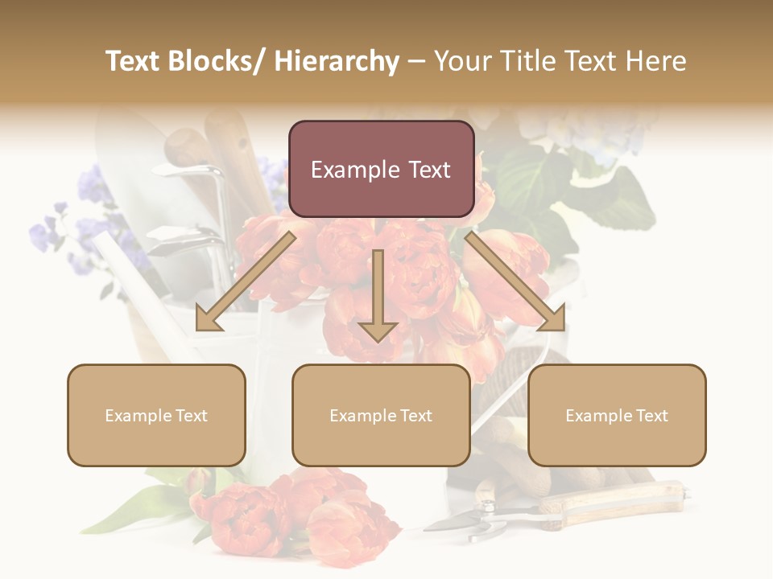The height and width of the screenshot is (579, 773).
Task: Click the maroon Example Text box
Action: [x=381, y=169]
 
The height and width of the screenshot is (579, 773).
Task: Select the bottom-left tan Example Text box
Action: [x=156, y=416]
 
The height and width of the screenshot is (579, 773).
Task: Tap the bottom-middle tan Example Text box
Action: [x=381, y=416]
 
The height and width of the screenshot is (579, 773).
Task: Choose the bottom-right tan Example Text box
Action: [x=617, y=416]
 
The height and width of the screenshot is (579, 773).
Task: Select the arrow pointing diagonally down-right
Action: [x=515, y=281]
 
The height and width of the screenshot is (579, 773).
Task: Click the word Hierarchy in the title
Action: [x=337, y=61]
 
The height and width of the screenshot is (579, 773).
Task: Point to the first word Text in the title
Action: [x=134, y=61]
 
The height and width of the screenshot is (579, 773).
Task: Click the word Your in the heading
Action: [x=461, y=61]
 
